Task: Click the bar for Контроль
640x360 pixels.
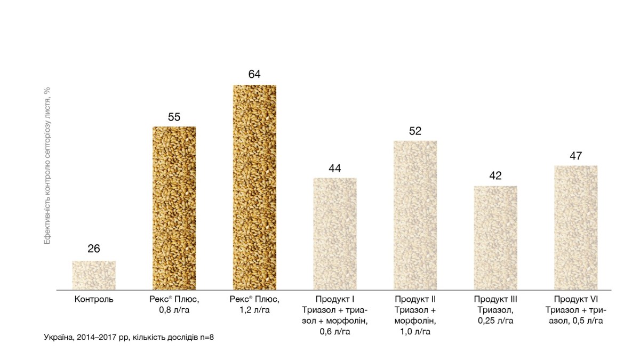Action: click(x=94, y=275)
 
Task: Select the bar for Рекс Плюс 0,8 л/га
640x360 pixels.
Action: click(x=174, y=208)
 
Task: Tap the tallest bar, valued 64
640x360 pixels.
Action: click(x=254, y=187)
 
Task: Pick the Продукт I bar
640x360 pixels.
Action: click(x=335, y=234)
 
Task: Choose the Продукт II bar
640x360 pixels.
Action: click(x=415, y=215)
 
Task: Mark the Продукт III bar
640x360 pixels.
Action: click(x=495, y=238)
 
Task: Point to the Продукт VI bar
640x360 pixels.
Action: click(x=576, y=228)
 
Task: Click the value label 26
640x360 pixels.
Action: click(x=94, y=249)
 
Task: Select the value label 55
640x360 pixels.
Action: click(x=174, y=117)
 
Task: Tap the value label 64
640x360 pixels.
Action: click(x=254, y=74)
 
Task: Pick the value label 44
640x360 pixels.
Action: click(x=335, y=168)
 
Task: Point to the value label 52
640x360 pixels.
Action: click(x=415, y=131)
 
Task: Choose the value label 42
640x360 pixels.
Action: click(x=495, y=176)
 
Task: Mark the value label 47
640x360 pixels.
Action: click(x=576, y=156)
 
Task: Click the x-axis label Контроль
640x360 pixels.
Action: click(x=94, y=299)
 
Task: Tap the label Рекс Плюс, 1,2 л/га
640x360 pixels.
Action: click(x=254, y=305)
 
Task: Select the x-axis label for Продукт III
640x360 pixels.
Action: click(x=495, y=310)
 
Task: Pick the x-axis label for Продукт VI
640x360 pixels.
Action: click(x=576, y=310)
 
